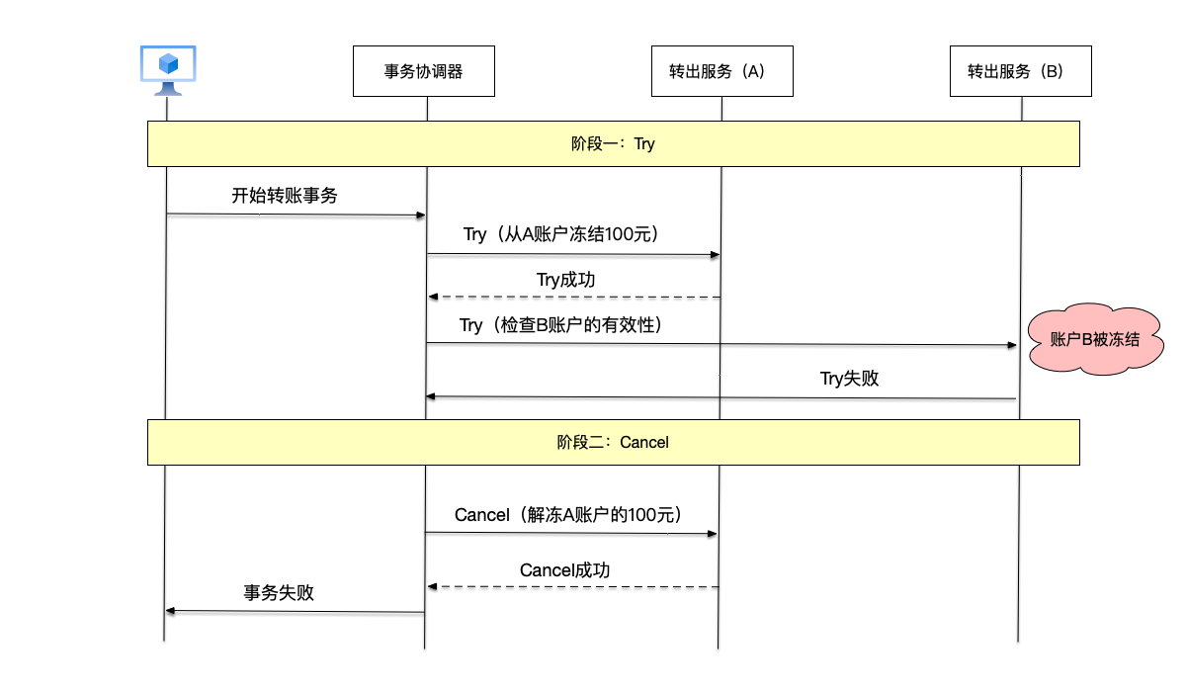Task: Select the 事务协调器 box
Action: coord(424,71)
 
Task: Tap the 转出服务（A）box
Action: coord(721,71)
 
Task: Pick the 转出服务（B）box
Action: coord(1020,71)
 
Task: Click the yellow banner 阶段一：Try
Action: coord(613,144)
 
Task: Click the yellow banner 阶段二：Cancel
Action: coord(613,442)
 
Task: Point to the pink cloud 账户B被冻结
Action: coord(1094,340)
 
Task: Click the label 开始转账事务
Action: coord(285,196)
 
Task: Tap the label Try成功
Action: coord(566,280)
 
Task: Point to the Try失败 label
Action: coord(849,378)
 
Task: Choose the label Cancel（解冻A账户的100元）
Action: coord(568,515)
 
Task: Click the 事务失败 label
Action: coord(279,593)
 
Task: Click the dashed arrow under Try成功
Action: coord(573,297)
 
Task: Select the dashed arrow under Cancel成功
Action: coord(573,587)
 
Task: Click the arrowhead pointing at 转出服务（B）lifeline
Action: coord(1011,345)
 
